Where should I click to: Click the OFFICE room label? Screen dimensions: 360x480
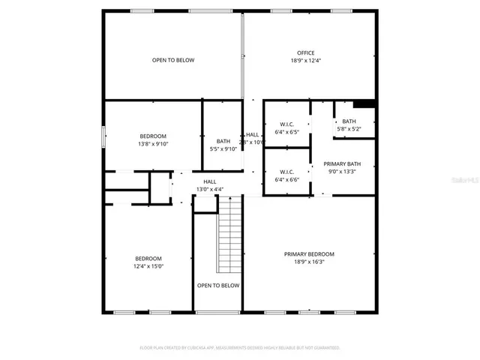[305, 52]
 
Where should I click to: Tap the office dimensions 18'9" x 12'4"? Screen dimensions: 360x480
[305, 61]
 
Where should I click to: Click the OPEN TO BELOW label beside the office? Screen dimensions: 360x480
[173, 61]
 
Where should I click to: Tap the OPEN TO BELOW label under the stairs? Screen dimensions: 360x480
[218, 286]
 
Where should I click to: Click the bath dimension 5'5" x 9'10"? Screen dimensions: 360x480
[223, 149]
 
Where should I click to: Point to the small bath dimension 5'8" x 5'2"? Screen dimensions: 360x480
[349, 129]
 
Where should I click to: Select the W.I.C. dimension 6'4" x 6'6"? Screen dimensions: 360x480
[287, 179]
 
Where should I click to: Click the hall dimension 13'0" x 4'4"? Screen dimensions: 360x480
[210, 189]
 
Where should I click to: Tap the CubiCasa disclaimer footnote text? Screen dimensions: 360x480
[240, 348]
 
